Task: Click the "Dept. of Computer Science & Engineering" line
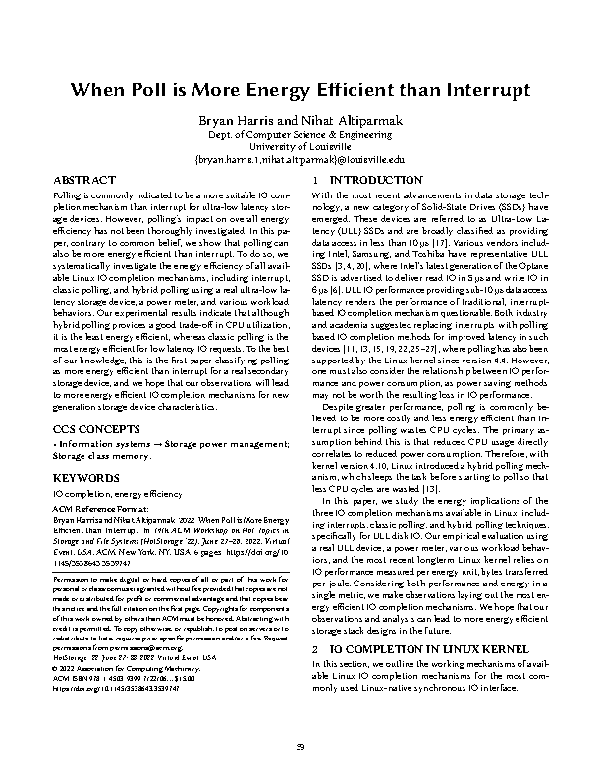click(x=300, y=133)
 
